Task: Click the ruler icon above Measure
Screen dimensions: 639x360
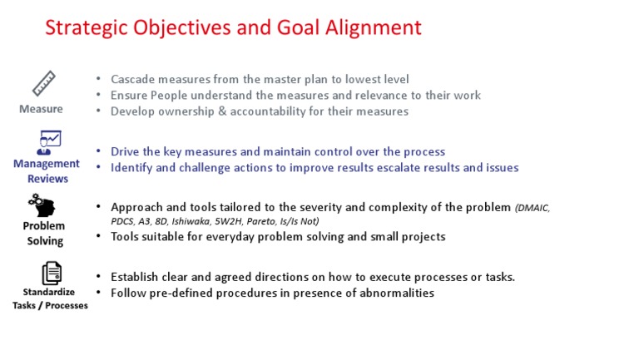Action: click(x=44, y=83)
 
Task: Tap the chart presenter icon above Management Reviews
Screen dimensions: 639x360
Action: click(x=49, y=142)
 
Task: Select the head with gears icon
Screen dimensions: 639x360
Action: click(x=42, y=205)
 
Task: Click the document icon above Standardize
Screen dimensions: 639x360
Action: click(x=52, y=273)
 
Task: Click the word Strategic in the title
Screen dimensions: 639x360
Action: click(x=87, y=28)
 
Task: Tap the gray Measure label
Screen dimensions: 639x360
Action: click(x=41, y=109)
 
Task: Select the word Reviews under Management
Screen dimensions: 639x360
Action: click(x=47, y=179)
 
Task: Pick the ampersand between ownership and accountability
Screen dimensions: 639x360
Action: click(x=222, y=111)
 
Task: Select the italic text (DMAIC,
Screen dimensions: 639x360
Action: click(x=532, y=208)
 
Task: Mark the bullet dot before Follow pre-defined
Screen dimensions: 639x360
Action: click(x=98, y=292)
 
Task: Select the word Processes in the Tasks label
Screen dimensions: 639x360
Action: click(x=67, y=305)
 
